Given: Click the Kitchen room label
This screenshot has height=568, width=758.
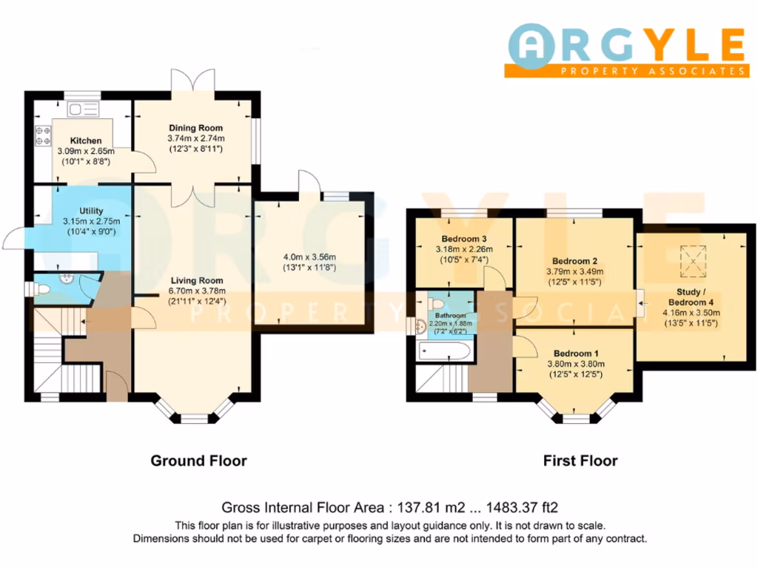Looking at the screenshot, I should [x=86, y=141].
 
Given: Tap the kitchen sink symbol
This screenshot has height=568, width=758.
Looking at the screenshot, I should [x=82, y=110].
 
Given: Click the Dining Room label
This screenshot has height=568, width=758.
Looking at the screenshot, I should [x=196, y=127].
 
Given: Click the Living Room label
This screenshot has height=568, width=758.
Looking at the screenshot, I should [x=196, y=280].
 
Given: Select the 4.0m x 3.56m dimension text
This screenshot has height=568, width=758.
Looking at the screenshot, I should [x=310, y=257].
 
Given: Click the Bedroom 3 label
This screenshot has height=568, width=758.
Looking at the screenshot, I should [x=463, y=239].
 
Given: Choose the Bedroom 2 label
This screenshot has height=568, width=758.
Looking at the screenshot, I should [x=574, y=261].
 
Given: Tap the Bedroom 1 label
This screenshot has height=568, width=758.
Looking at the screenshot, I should [x=574, y=353].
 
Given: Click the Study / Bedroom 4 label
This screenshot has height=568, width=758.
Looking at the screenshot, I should [x=691, y=297].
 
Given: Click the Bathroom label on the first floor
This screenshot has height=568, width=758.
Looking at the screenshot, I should [x=445, y=316].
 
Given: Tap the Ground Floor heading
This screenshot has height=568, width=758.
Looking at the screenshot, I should [x=198, y=461].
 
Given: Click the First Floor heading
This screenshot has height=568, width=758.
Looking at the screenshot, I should [x=580, y=461].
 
